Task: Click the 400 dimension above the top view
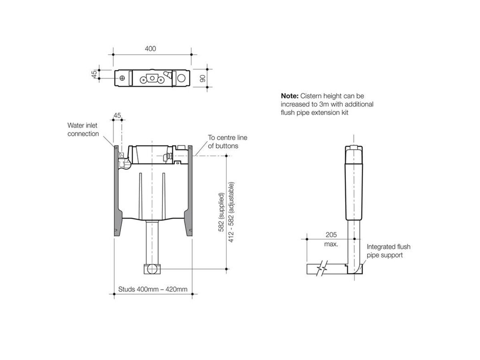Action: click(x=150, y=49)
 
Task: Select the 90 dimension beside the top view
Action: click(x=203, y=77)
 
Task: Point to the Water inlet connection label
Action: click(x=83, y=130)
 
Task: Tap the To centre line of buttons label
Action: click(x=227, y=142)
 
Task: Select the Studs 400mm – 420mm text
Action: click(x=153, y=289)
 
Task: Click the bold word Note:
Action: click(x=290, y=96)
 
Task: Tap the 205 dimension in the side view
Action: click(x=332, y=235)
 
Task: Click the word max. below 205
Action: click(x=332, y=244)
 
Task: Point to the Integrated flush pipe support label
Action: click(x=388, y=251)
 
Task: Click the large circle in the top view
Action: click(x=182, y=77)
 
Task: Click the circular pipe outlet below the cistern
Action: click(x=152, y=269)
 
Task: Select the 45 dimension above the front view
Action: click(x=117, y=116)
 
